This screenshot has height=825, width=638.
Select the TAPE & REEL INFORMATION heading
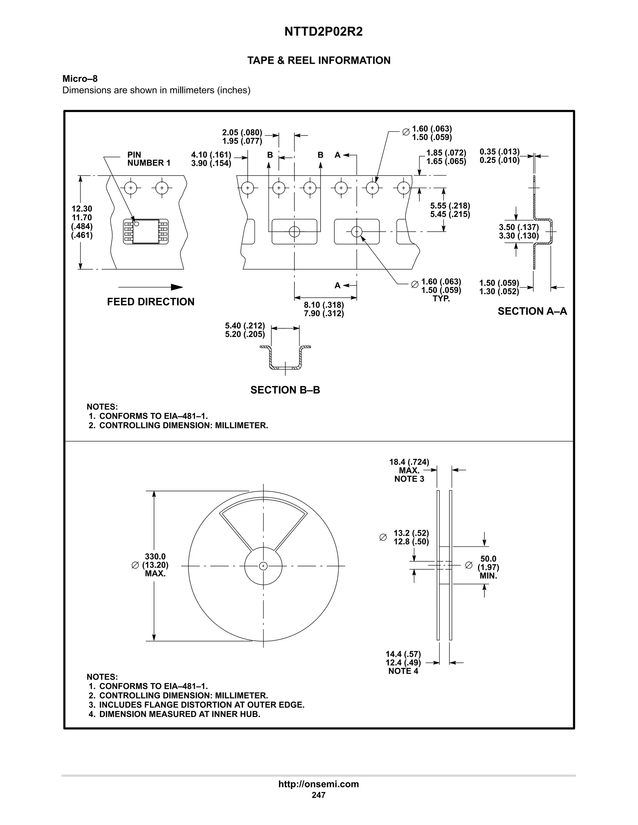319,60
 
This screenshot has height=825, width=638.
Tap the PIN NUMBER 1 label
149,159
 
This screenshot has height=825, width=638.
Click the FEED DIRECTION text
150,302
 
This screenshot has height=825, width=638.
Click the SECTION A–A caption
532,311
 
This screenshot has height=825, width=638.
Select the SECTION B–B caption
285,390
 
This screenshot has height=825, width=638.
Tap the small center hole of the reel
264,566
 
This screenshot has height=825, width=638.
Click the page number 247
319,795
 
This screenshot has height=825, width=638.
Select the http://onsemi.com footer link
319,784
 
